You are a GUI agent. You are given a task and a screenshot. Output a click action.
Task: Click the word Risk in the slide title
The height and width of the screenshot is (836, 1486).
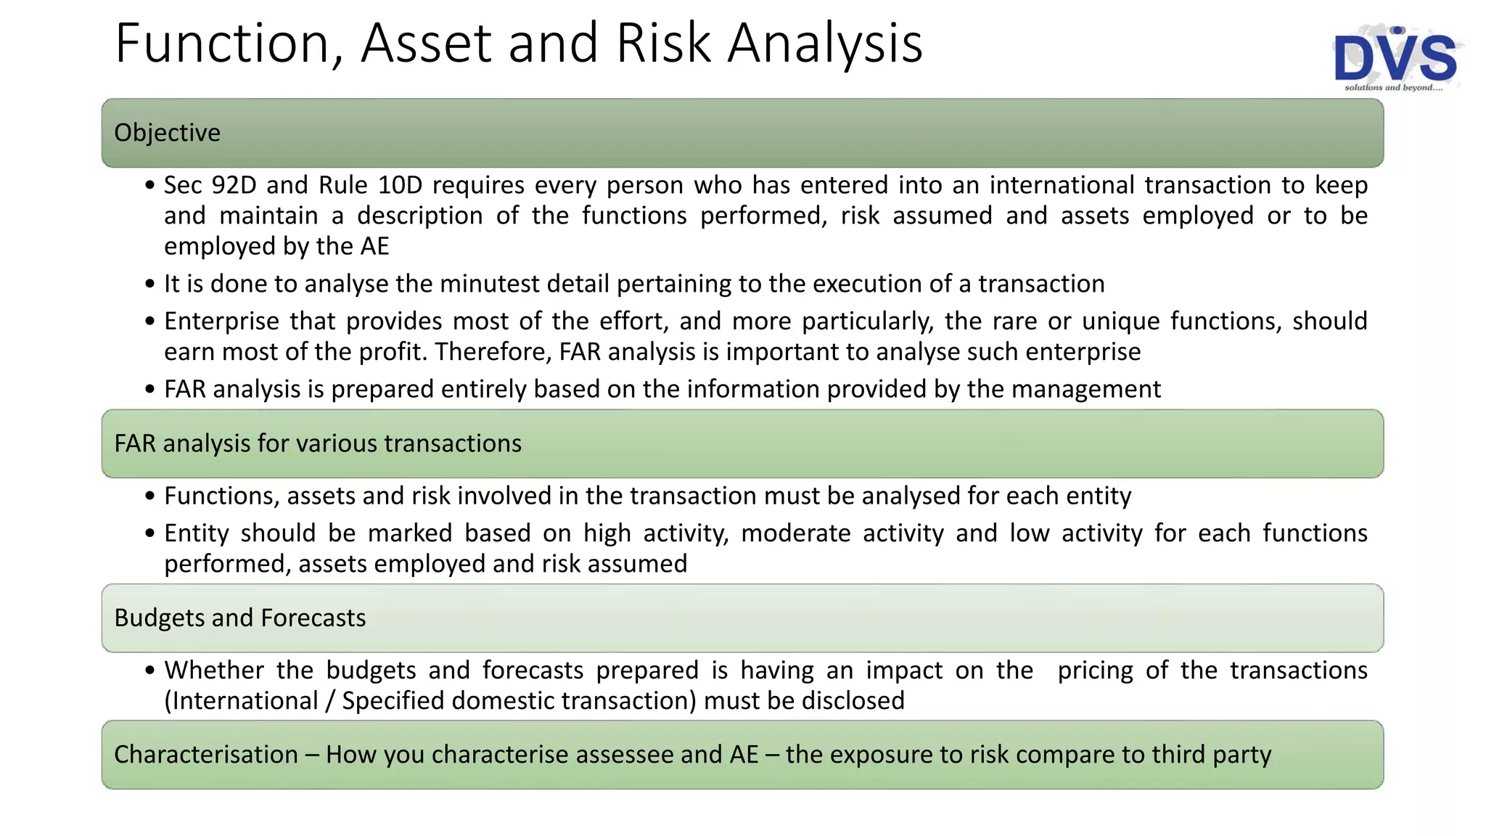(x=662, y=44)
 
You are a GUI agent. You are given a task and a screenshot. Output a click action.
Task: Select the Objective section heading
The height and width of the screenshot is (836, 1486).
(x=167, y=133)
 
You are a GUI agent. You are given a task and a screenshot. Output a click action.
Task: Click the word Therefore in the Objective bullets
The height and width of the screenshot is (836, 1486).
(x=493, y=352)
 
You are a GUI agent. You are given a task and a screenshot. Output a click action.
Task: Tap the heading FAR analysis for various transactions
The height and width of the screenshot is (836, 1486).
(x=318, y=443)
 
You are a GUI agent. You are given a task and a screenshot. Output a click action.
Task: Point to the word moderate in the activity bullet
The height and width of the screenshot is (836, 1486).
(x=795, y=533)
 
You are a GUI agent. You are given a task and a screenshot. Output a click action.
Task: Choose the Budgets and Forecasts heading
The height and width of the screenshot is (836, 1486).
(x=239, y=618)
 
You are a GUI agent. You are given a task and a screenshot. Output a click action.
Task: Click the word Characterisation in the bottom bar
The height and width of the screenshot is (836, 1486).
(x=206, y=755)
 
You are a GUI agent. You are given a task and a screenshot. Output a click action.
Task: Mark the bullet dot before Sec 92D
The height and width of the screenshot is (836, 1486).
(x=149, y=186)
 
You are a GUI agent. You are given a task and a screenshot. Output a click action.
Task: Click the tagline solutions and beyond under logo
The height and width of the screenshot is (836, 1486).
(x=1393, y=88)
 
